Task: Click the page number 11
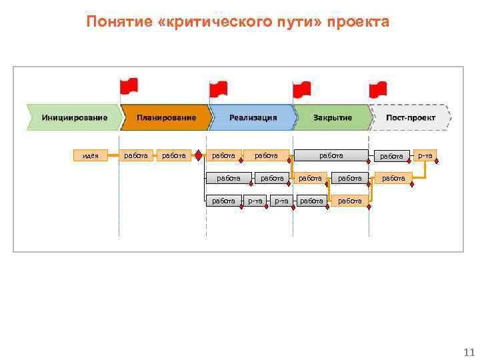[467, 352]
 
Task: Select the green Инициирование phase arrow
[74, 117]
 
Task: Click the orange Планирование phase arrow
[166, 117]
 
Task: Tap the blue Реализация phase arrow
[253, 117]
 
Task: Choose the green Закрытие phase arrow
[333, 117]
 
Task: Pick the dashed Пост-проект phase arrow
[410, 117]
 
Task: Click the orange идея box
[90, 156]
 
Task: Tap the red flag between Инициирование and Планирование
[128, 86]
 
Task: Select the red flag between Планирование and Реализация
[218, 88]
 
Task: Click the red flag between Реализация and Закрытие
[301, 89]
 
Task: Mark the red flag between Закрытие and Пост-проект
[378, 88]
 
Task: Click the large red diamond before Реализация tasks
[198, 156]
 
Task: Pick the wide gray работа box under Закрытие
[331, 155]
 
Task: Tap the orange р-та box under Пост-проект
[425, 155]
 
